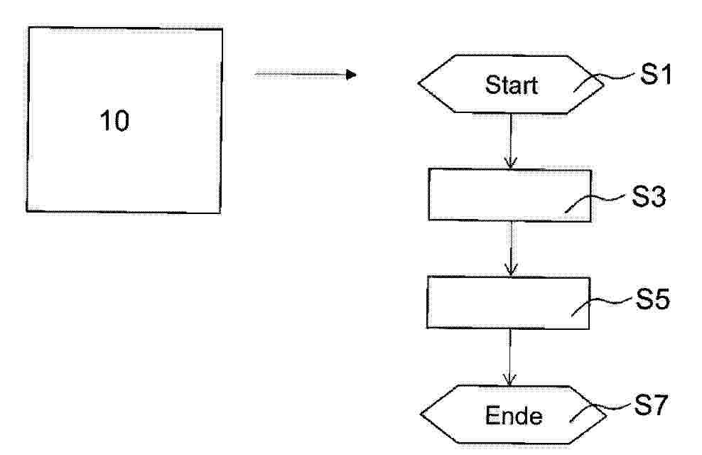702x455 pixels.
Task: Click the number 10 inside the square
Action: [x=114, y=121]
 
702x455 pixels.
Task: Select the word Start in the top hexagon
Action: [x=512, y=85]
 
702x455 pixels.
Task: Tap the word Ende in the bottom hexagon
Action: [x=514, y=416]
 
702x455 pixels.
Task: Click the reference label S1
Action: [x=656, y=74]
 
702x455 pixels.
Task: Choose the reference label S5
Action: [x=653, y=299]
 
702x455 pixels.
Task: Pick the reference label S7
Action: [x=651, y=405]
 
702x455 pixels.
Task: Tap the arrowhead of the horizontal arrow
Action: [x=352, y=75]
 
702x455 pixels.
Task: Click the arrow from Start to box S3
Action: [x=511, y=141]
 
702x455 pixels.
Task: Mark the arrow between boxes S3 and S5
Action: [x=511, y=249]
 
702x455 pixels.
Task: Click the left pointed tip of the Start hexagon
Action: [x=418, y=83]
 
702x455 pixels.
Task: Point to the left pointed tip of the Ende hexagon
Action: [x=421, y=414]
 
